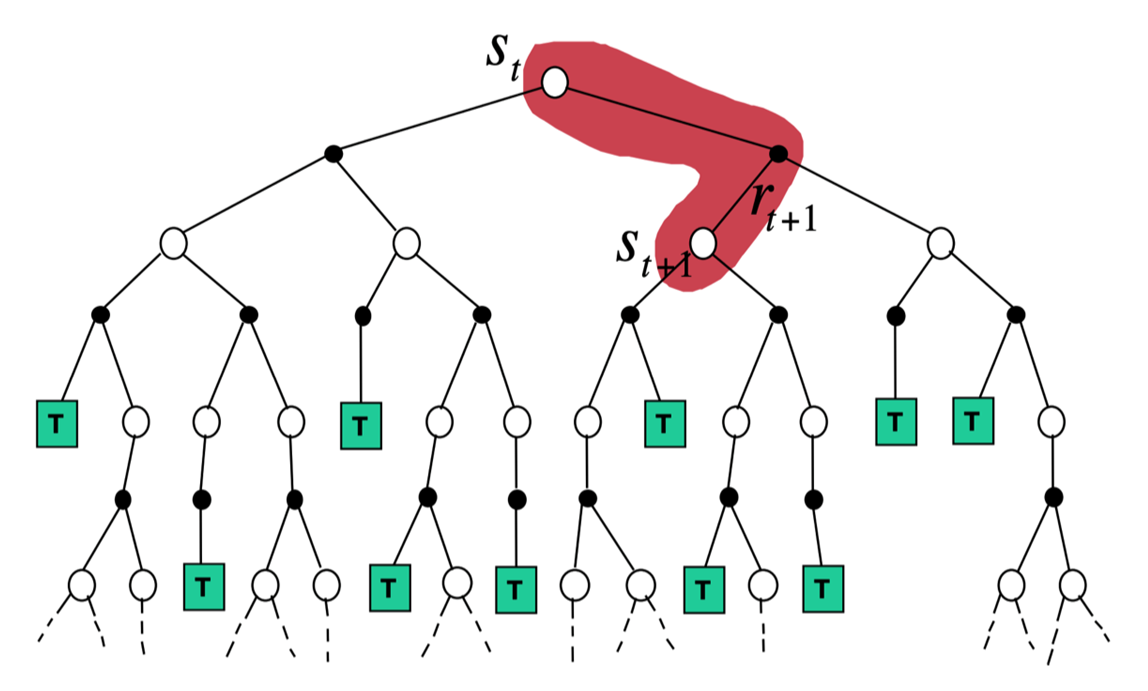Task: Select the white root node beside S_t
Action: tap(554, 82)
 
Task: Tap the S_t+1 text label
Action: tap(652, 254)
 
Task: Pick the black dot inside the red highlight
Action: tap(778, 153)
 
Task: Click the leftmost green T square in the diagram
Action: tap(57, 424)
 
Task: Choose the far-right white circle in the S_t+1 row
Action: tap(940, 243)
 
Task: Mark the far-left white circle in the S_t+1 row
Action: tap(173, 243)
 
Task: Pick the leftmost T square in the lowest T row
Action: tap(204, 587)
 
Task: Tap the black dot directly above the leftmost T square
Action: tap(100, 315)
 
